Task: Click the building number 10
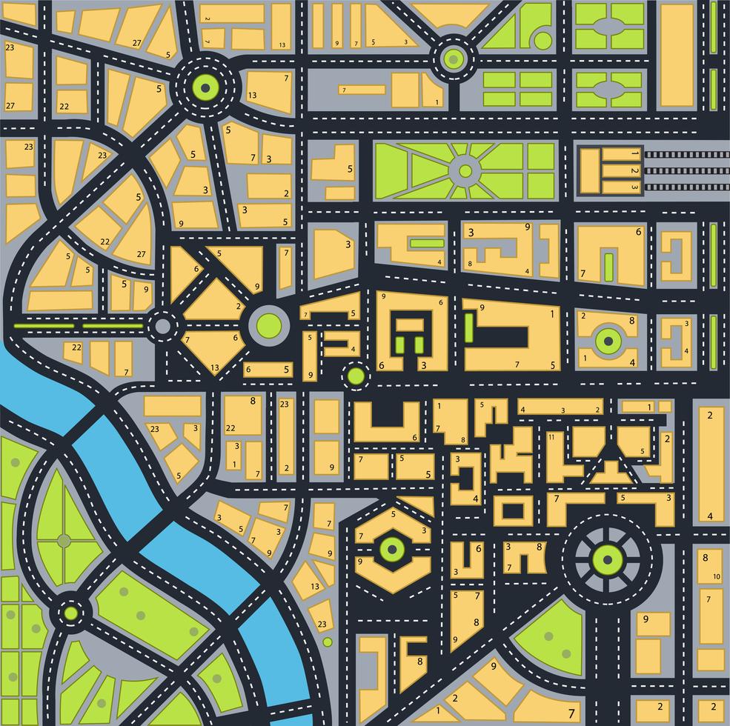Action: click(x=717, y=576)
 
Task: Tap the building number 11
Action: click(x=551, y=437)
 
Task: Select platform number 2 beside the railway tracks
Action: click(x=634, y=170)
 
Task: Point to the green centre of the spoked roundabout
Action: click(x=607, y=559)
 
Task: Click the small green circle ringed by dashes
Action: click(x=356, y=376)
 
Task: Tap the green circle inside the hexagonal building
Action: click(x=391, y=549)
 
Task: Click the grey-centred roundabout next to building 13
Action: click(x=162, y=324)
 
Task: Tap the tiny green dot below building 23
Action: click(x=328, y=642)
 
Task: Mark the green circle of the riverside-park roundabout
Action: click(x=70, y=613)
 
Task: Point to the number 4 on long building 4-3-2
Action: click(x=522, y=410)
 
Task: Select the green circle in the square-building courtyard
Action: click(x=608, y=340)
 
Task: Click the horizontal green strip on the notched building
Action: click(x=426, y=243)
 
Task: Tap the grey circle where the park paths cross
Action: click(x=64, y=541)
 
